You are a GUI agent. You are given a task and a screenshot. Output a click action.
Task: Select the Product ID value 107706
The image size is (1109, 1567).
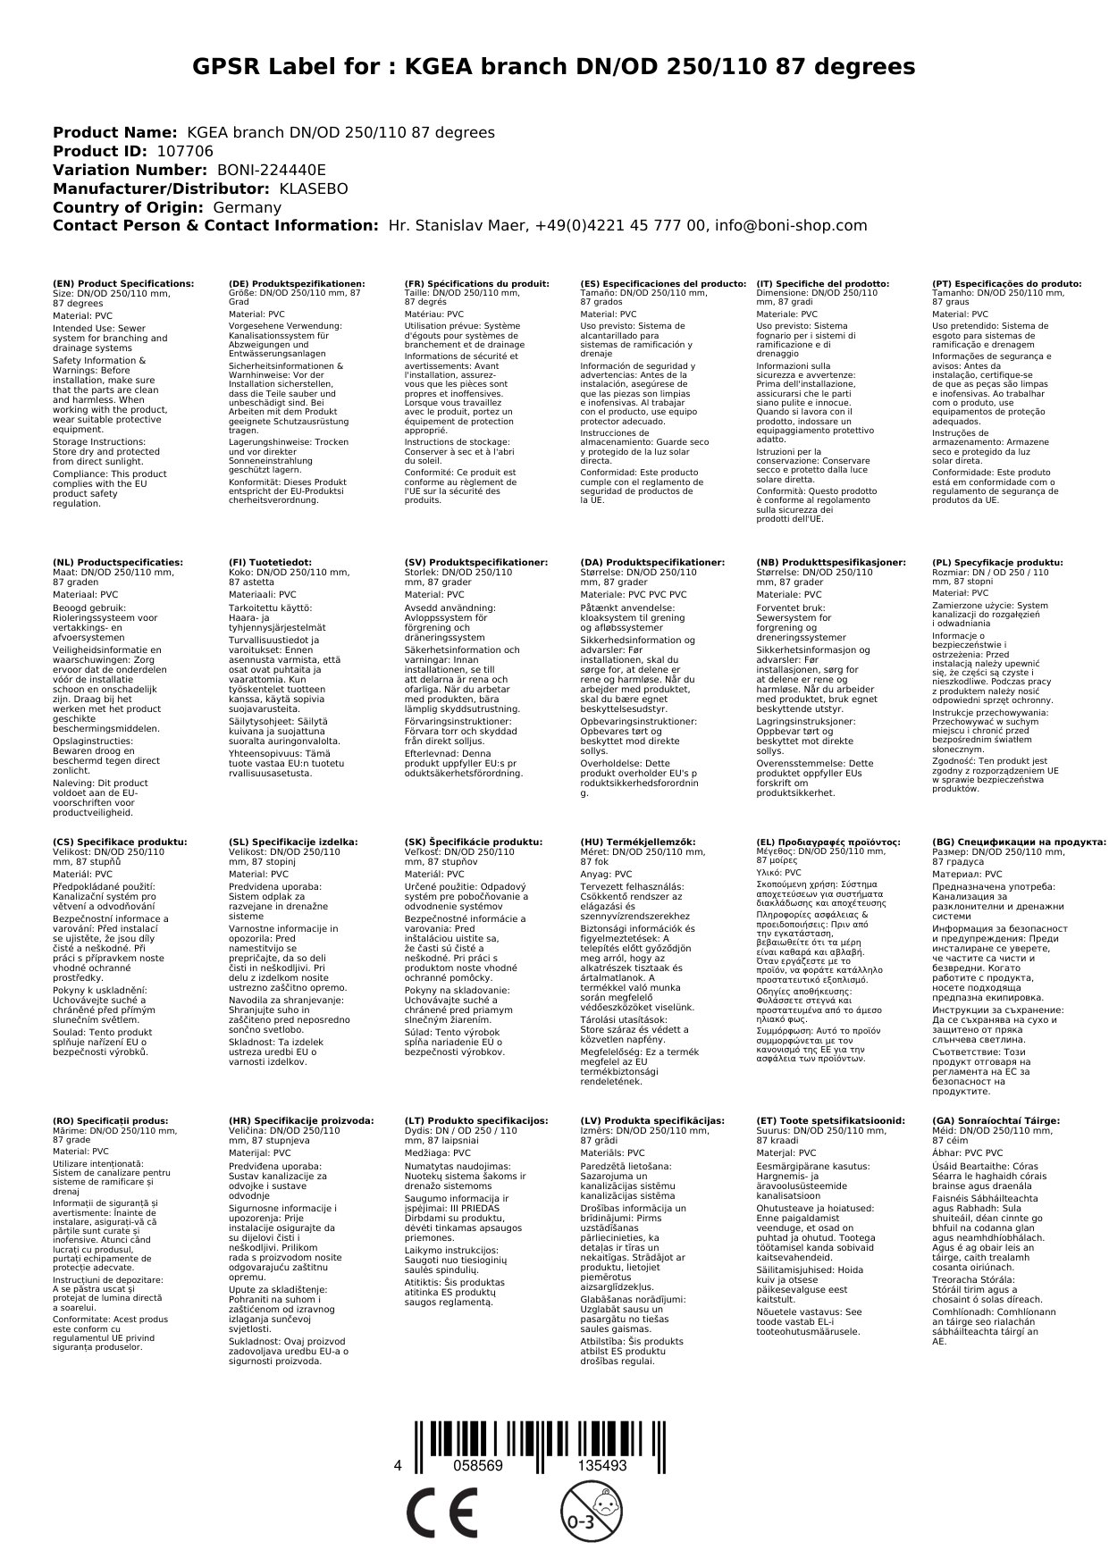(x=185, y=151)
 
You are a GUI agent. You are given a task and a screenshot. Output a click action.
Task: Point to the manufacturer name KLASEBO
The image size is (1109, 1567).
(x=314, y=189)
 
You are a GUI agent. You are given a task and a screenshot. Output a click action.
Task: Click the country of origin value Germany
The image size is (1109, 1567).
(x=248, y=207)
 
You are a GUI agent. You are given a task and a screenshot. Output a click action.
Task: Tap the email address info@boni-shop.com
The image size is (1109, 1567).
(x=792, y=226)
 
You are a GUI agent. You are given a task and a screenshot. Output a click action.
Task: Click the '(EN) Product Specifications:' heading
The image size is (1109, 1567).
(x=123, y=283)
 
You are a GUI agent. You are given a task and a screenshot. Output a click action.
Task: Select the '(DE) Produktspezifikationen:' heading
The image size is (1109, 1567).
(x=297, y=283)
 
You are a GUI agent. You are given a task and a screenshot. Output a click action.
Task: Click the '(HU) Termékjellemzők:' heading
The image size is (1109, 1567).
(x=637, y=842)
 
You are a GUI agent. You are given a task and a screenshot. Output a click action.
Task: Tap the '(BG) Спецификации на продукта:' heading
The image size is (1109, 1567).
(x=1019, y=842)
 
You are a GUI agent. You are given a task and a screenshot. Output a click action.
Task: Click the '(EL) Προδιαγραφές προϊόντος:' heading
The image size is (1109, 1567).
(x=828, y=842)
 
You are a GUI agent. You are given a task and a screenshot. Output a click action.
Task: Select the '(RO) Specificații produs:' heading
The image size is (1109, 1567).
(x=111, y=1120)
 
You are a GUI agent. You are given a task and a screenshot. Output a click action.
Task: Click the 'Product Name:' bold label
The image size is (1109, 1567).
(x=114, y=132)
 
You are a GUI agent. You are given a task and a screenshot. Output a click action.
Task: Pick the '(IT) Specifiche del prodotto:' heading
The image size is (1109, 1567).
(x=822, y=283)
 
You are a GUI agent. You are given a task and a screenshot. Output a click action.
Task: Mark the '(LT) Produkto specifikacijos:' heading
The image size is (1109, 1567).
(x=476, y=1120)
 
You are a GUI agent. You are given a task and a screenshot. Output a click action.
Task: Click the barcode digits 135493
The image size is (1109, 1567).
(x=602, y=1466)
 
